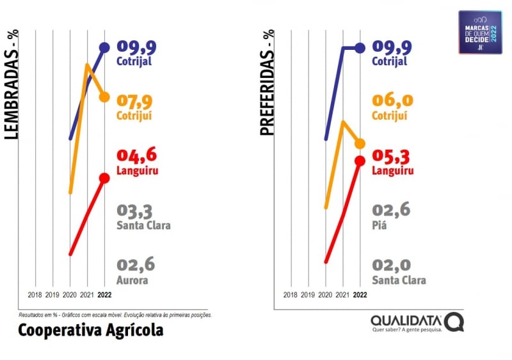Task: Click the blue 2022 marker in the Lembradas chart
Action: (105, 47)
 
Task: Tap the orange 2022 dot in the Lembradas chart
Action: (105, 97)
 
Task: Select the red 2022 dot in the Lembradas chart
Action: (105, 178)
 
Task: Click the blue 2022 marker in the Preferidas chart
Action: (360, 48)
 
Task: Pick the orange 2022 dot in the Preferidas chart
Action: (360, 143)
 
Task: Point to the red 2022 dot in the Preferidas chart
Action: (360, 160)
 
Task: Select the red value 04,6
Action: (136, 155)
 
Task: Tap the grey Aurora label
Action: (132, 280)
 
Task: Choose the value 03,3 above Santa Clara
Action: (136, 210)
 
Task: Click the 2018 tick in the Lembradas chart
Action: (36, 295)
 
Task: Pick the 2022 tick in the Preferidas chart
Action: (360, 295)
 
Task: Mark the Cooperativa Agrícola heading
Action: (90, 330)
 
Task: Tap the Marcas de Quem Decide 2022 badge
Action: (480, 31)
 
